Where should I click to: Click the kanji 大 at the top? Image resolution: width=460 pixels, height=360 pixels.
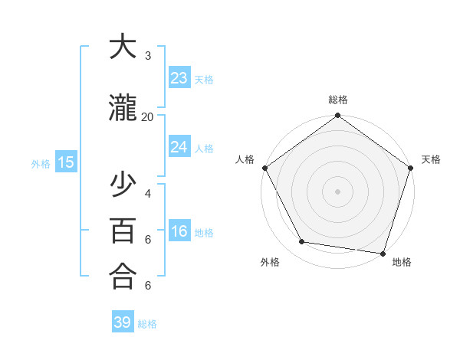123,48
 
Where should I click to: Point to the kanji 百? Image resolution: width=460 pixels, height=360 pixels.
123,231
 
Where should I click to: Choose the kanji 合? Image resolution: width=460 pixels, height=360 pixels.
123,276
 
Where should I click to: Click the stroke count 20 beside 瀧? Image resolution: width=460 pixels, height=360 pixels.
147,116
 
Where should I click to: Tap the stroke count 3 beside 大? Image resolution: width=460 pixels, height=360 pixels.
147,56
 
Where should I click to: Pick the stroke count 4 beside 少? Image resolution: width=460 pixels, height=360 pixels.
147,193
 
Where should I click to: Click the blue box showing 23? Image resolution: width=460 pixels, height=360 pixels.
179,77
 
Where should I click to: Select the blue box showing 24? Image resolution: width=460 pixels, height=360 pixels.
179,146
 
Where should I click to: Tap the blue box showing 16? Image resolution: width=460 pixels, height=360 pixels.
179,231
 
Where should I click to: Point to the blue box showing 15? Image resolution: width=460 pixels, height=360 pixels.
65,162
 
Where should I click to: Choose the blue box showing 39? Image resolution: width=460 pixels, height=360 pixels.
123,322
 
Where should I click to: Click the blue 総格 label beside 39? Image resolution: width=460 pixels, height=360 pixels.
148,324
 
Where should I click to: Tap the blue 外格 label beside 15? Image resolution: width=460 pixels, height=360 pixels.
41,163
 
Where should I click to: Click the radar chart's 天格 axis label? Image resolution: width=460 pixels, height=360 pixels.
431,159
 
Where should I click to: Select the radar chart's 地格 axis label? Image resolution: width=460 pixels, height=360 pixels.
402,262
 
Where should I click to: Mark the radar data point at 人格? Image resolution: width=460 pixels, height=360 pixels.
264,168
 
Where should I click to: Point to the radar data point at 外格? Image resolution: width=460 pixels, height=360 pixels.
302,242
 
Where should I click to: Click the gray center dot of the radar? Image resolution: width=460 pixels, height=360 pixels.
337,191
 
